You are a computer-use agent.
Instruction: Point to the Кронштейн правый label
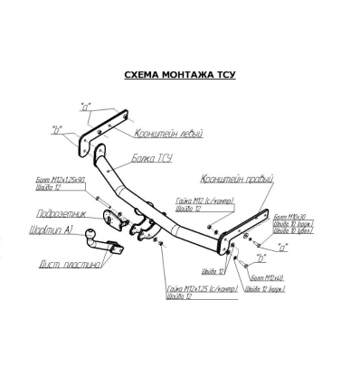click(239, 181)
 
